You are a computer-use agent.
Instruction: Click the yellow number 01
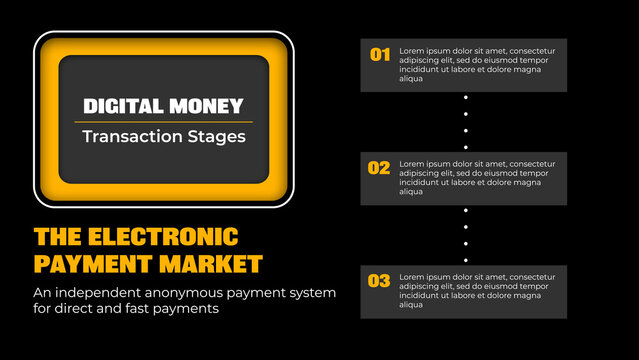[380, 54]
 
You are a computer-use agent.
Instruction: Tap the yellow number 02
[379, 168]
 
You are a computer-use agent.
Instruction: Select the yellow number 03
[379, 281]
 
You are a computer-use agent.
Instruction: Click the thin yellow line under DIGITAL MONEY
[163, 122]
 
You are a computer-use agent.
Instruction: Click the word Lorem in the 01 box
[411, 48]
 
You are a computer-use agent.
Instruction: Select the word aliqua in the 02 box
[410, 192]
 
